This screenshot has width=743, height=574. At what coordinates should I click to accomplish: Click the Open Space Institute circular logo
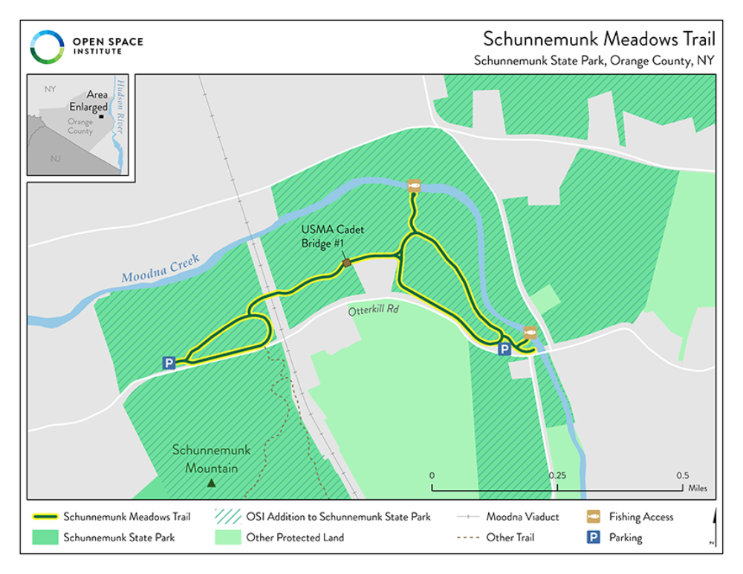(47, 47)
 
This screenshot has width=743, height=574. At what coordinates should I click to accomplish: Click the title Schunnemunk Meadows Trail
(599, 39)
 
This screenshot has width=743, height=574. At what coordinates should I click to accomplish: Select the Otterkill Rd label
(374, 311)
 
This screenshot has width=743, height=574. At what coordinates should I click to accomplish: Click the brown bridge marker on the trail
(346, 263)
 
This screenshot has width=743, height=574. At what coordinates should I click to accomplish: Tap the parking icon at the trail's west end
(169, 362)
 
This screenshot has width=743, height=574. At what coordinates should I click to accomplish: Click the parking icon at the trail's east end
(504, 349)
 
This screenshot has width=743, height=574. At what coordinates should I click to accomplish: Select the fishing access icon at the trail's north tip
(415, 186)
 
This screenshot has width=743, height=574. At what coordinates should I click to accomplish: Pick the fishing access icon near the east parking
(530, 332)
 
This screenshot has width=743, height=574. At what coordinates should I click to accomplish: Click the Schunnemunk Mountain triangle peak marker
(211, 483)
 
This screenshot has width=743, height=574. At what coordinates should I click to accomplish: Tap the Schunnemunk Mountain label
(212, 459)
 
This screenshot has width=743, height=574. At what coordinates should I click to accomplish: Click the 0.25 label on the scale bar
(557, 475)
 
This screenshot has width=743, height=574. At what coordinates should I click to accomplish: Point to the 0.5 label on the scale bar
(682, 475)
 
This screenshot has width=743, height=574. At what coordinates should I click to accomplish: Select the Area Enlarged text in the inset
(89, 101)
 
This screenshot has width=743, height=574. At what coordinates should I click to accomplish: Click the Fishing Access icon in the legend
(594, 517)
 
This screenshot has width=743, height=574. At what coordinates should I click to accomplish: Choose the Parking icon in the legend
(594, 537)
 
